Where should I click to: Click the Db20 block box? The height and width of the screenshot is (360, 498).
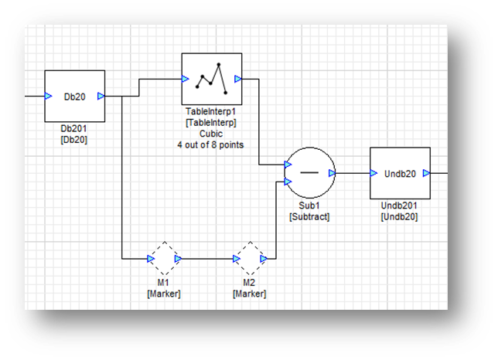[x=74, y=96]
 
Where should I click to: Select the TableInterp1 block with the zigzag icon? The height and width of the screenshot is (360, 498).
[x=212, y=78]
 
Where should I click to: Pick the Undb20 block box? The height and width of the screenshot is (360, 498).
[x=400, y=173]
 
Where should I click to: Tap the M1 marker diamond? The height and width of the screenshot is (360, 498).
[x=163, y=258]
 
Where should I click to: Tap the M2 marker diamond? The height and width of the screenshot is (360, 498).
[x=250, y=258]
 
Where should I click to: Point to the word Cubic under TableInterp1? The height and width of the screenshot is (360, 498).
[x=211, y=133]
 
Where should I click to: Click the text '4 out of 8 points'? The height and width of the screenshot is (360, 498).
[x=211, y=144]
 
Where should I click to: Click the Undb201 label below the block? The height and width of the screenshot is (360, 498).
[x=400, y=206]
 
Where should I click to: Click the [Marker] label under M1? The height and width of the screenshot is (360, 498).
[x=163, y=294]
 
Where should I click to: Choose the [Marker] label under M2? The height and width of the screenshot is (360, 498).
[x=250, y=294]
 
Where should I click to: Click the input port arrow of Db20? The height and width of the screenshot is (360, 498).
[x=48, y=97]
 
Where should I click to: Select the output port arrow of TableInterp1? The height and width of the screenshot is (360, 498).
[x=238, y=78]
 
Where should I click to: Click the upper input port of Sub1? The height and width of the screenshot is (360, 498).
[x=288, y=164]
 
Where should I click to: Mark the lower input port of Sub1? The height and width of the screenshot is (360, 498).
[x=288, y=182]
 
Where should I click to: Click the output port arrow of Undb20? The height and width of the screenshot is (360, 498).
[x=426, y=174]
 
